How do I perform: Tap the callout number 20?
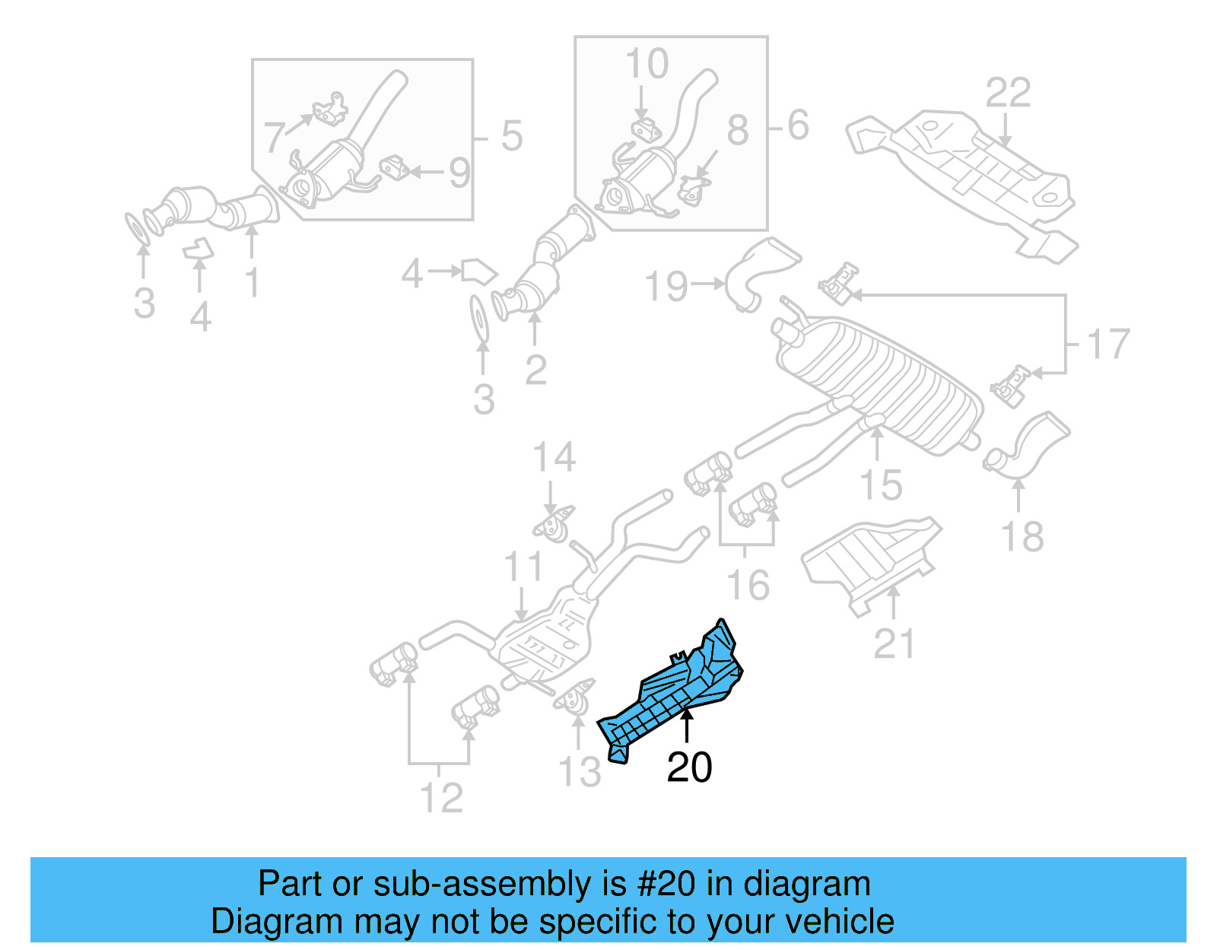pyautogui.click(x=689, y=767)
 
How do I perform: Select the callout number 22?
pyautogui.click(x=1008, y=93)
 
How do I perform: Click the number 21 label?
pyautogui.click(x=894, y=643)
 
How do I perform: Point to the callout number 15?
pyautogui.click(x=881, y=485)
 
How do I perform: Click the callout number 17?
pyautogui.click(x=1107, y=345)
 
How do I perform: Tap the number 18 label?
pyautogui.click(x=1022, y=537)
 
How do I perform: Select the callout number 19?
pyautogui.click(x=666, y=286)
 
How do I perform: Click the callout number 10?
pyautogui.click(x=647, y=64)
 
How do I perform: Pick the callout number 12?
pyautogui.click(x=441, y=798)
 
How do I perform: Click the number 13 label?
pyautogui.click(x=580, y=772)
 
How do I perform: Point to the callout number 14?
pyautogui.click(x=554, y=458)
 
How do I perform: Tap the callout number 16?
pyautogui.click(x=748, y=585)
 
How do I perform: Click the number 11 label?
pyautogui.click(x=523, y=567)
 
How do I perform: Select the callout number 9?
pyautogui.click(x=459, y=173)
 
